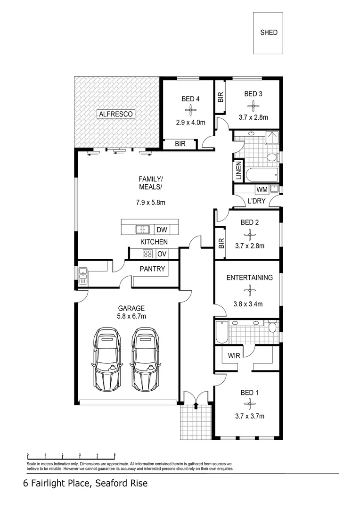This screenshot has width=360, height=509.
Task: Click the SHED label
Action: (269, 33)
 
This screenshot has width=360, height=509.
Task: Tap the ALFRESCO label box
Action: (116, 114)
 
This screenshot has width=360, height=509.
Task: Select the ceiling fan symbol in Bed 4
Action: (191, 111)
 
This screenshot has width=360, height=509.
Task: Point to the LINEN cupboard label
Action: (238, 171)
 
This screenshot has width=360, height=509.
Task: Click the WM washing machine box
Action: (262, 190)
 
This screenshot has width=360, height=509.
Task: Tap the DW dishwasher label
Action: (162, 230)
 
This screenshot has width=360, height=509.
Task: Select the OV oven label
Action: (162, 254)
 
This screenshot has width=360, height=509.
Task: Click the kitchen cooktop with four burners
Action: (148, 254)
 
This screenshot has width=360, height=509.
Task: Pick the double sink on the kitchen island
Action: (143, 230)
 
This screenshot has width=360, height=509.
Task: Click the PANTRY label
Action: (152, 269)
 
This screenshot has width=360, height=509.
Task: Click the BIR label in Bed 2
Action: (221, 244)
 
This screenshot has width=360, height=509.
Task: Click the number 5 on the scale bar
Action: (115, 456)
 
